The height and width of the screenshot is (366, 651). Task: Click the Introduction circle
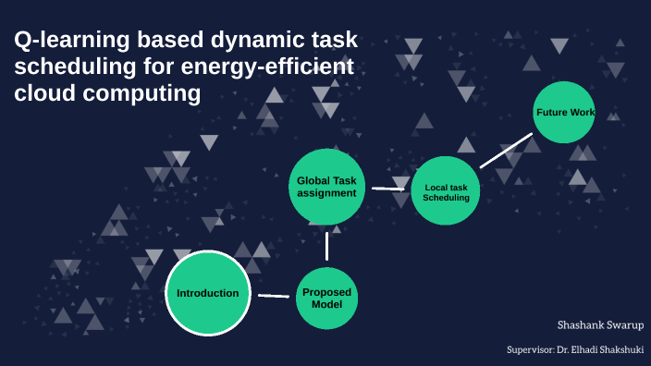(x=208, y=294)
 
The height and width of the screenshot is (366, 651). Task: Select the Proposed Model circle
(x=326, y=298)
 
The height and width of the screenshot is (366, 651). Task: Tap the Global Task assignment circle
(x=326, y=187)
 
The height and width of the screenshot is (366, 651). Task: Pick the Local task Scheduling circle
(x=446, y=190)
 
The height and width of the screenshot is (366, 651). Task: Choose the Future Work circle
(x=563, y=113)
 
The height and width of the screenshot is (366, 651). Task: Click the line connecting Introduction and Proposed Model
(x=274, y=296)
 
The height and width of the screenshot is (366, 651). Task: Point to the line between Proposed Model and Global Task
(x=326, y=245)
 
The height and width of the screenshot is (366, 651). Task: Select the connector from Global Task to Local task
(x=388, y=189)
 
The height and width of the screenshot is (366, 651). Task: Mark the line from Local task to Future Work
(x=506, y=151)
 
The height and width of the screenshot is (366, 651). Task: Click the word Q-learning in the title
(x=65, y=40)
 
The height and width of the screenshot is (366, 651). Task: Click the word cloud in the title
(x=43, y=93)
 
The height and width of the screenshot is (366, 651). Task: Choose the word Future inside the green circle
(x=552, y=113)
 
